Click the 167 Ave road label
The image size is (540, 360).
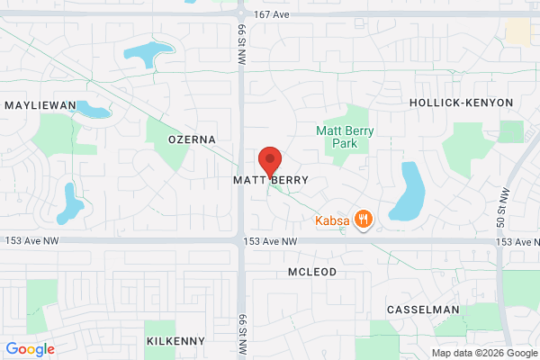[x=273, y=13]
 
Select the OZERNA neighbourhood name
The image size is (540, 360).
[x=193, y=139]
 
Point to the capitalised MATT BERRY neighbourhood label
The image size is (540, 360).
[x=271, y=180]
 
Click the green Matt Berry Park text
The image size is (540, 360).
[x=345, y=137]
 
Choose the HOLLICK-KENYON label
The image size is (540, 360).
[x=461, y=103]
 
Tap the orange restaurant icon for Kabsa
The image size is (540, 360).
[x=364, y=219]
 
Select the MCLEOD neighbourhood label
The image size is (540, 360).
[x=312, y=271]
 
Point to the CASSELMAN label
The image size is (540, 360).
[x=422, y=310]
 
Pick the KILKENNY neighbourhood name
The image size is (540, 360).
[x=175, y=341]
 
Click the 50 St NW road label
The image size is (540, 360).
[x=501, y=208]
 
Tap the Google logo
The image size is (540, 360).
[x=30, y=349]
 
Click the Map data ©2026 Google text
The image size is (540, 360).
[x=483, y=352]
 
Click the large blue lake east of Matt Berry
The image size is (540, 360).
[x=409, y=192]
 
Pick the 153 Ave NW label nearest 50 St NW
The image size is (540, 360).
[x=517, y=243]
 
